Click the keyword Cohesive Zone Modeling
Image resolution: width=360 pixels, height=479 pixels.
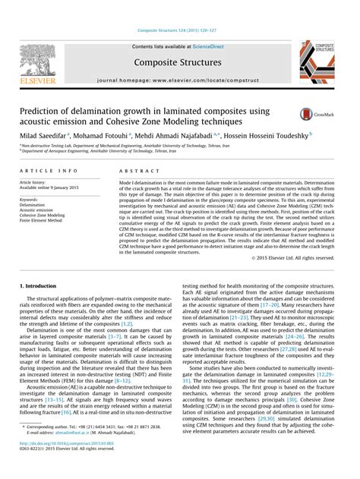(x=43, y=215)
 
